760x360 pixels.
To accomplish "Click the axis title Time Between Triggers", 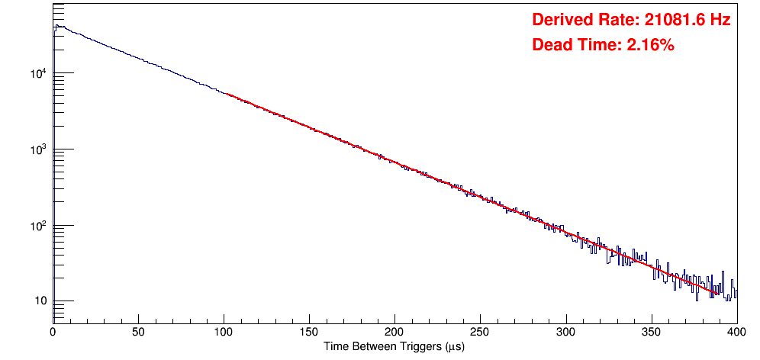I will [394, 346].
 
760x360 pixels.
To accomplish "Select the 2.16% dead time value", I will [650, 45].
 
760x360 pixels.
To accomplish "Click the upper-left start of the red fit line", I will [226, 93].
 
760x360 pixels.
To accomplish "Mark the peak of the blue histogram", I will [56, 26].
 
